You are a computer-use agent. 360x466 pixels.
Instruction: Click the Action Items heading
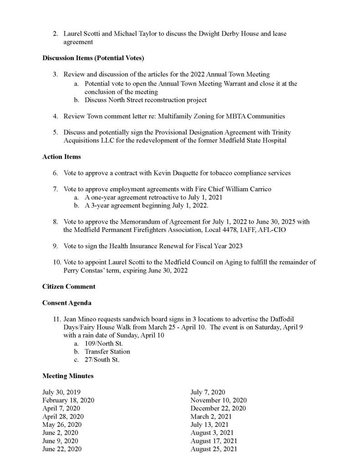61,157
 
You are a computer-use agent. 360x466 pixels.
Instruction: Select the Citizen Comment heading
69,287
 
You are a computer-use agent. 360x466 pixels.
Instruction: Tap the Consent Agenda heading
67,303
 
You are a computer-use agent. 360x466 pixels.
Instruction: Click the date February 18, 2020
68,400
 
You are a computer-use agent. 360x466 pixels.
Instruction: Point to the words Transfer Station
107,352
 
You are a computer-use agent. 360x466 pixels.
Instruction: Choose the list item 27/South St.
102,360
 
